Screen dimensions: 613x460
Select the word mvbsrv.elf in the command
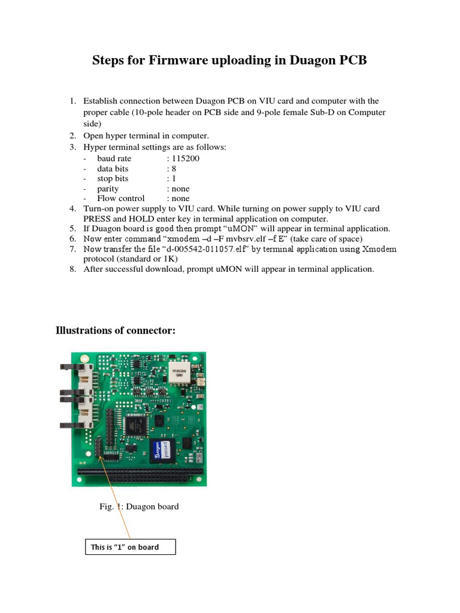228,239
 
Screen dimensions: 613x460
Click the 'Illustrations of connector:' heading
116,330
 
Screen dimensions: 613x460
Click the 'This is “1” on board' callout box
131,547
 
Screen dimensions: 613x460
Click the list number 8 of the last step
71,269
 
